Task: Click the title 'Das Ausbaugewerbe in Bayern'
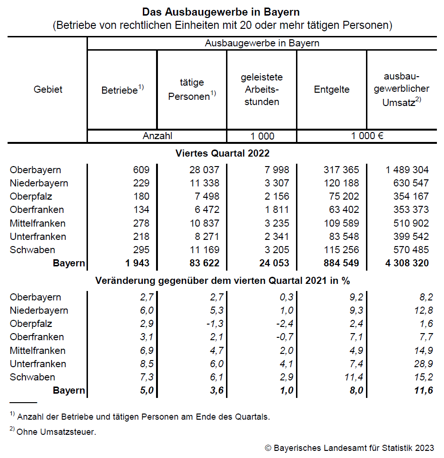(x=221, y=11)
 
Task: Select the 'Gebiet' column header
(x=48, y=89)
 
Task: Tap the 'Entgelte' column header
(x=331, y=89)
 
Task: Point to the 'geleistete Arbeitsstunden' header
(x=261, y=89)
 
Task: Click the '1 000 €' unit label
(x=366, y=136)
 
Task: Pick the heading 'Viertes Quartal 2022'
(x=222, y=153)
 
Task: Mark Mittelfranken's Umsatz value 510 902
(x=407, y=223)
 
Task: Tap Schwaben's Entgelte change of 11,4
(x=350, y=377)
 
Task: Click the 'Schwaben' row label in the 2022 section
(x=32, y=250)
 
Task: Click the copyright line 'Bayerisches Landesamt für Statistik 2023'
(x=349, y=448)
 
